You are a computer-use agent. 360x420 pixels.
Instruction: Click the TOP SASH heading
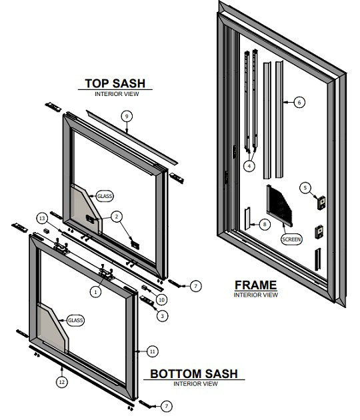coord(114,84)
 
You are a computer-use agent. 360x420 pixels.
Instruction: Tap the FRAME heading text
coord(255,285)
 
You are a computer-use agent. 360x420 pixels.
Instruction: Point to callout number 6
coord(299,102)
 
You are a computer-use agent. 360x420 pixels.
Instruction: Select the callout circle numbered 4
coord(249,165)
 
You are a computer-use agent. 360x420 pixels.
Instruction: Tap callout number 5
coord(305,187)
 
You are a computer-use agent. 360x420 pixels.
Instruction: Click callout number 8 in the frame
coord(265,224)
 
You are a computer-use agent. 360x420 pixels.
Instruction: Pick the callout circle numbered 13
coord(41,218)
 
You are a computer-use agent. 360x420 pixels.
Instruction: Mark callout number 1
coord(95,291)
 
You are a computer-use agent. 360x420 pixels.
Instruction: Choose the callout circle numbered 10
coord(161,301)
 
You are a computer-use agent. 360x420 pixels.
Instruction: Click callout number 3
coord(161,316)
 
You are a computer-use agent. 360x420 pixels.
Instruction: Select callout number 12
coord(61,383)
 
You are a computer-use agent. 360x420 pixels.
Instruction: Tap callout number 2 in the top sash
coord(116,216)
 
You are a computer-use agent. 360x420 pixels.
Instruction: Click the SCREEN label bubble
coord(291,239)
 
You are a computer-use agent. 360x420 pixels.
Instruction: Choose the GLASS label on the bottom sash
coord(75,321)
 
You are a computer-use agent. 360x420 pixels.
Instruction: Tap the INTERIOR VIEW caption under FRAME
coord(255,295)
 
